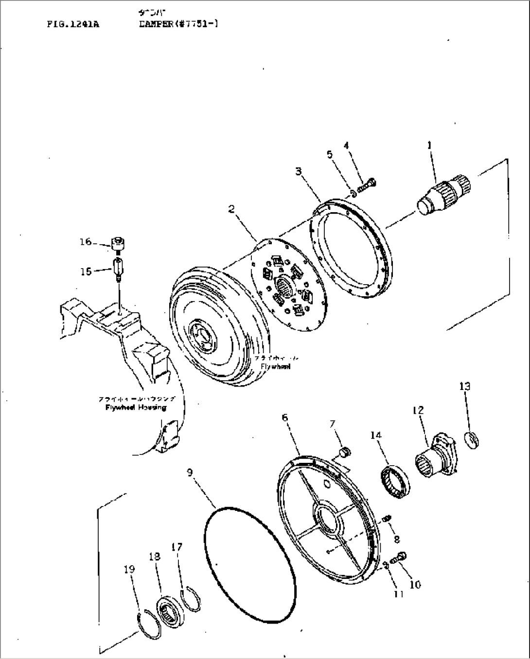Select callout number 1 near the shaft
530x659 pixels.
(429, 145)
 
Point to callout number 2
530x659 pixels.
(231, 209)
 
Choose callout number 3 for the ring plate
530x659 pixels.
(298, 171)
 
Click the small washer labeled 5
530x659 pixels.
(353, 193)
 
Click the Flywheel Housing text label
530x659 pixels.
(136, 407)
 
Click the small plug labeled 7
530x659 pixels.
(345, 453)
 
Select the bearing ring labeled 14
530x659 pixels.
(395, 480)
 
